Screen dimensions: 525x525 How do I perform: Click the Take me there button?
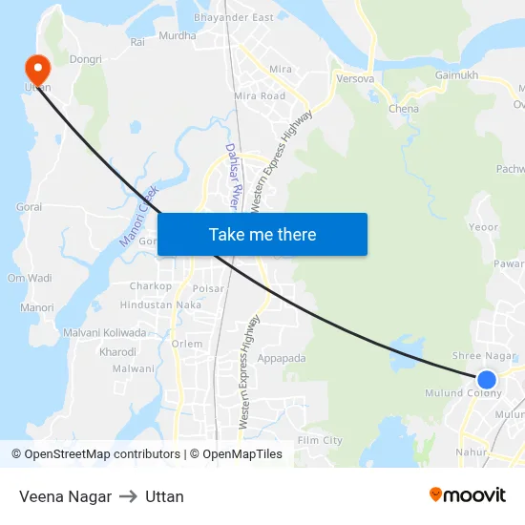(x=262, y=234)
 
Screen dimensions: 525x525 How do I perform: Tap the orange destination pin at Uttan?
(x=37, y=66)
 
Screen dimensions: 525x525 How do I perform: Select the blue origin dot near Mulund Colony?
(x=487, y=379)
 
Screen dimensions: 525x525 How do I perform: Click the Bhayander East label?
(x=233, y=18)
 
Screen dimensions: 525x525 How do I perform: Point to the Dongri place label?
(x=85, y=59)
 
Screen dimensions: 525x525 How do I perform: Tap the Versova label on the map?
(x=355, y=79)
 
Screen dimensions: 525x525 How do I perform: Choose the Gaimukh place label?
(x=455, y=74)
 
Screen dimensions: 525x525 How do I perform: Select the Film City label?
(x=320, y=440)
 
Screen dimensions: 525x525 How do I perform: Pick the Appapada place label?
(x=282, y=359)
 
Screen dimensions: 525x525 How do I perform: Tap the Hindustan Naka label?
(x=160, y=304)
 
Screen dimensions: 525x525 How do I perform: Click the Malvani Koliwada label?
(x=105, y=333)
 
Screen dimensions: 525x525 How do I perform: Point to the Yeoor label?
(x=484, y=227)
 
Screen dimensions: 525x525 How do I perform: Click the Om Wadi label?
(x=30, y=278)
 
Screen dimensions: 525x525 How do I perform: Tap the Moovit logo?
(x=468, y=494)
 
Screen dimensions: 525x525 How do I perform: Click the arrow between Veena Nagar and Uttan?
(x=128, y=496)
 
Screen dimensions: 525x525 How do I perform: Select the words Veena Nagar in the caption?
(x=65, y=496)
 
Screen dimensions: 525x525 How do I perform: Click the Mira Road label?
(x=260, y=96)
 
